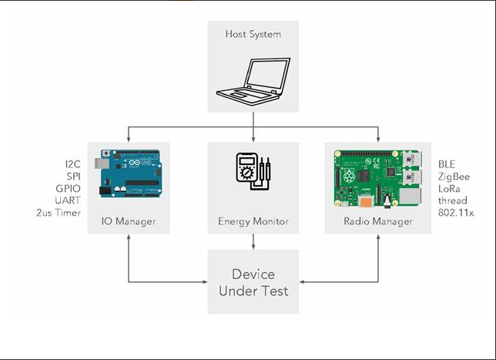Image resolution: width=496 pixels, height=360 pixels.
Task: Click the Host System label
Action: [252, 34]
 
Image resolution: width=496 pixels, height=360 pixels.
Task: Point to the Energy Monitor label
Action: [253, 222]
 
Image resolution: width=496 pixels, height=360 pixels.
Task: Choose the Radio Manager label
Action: [378, 222]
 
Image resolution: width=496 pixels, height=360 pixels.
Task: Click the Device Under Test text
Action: [253, 282]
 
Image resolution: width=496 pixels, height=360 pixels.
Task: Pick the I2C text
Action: [72, 164]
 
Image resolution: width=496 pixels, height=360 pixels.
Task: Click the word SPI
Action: [72, 177]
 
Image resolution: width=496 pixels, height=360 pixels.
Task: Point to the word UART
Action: [69, 200]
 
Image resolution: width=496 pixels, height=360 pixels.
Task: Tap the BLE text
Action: [447, 164]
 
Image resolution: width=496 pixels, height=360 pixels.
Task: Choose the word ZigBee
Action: [454, 177]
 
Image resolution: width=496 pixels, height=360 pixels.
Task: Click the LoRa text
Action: [450, 189]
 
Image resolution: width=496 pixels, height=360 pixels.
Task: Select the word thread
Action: [451, 200]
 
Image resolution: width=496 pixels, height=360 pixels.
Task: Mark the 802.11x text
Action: [454, 213]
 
